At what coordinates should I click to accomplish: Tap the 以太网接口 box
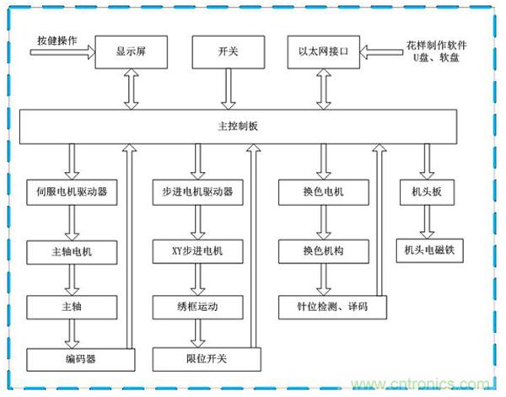[322, 52]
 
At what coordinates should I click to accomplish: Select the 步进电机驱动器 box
[201, 192]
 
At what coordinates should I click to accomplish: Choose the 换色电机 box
[322, 192]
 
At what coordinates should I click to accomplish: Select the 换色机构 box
[322, 250]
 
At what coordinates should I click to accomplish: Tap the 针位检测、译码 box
[331, 306]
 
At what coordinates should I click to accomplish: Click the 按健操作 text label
[57, 42]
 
